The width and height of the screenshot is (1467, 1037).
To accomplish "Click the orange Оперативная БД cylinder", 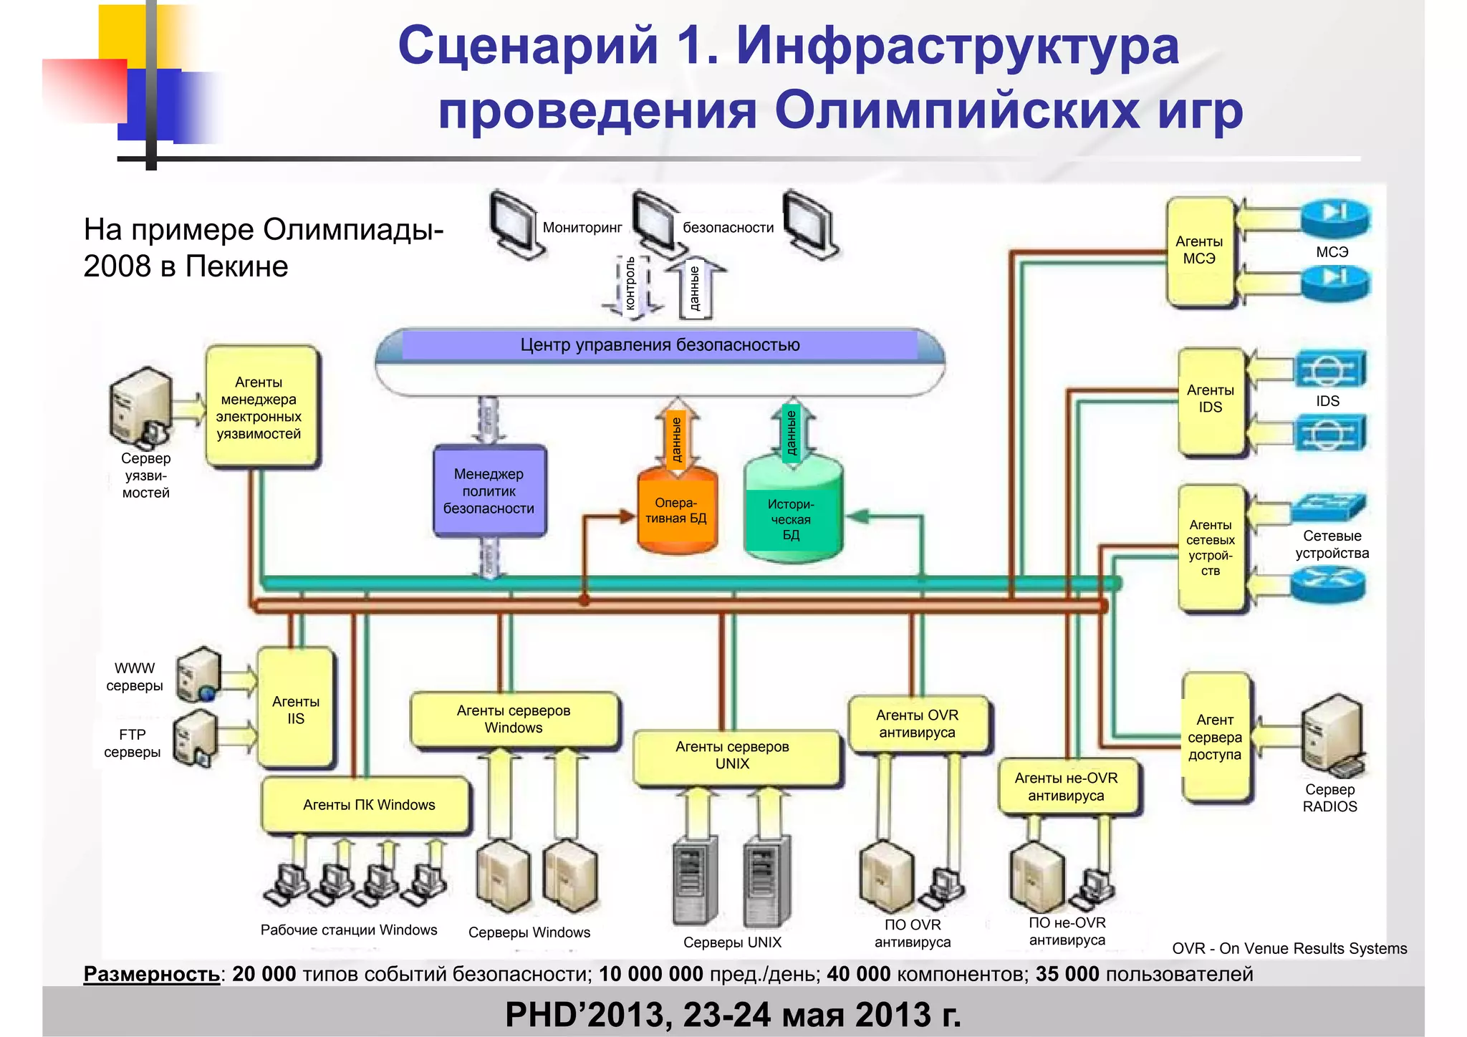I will pos(676,511).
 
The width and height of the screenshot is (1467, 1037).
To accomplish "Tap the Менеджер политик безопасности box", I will pos(489,491).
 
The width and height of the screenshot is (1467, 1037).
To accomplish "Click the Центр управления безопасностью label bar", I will pos(660,345).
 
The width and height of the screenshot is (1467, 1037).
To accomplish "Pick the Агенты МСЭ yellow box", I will pos(1200,251).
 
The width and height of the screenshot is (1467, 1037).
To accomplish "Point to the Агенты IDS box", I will pos(1211,400).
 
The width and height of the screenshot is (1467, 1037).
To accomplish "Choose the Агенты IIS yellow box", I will pos(296,709).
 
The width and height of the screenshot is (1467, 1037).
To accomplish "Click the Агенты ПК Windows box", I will pos(368,805).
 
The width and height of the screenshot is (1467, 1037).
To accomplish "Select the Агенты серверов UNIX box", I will pos(733,756).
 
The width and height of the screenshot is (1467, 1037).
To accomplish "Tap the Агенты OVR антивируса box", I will pos(918,724).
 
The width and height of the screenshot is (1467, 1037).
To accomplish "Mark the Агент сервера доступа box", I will pos(1215,738).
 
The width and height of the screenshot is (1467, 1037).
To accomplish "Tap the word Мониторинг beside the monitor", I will pos(582,228).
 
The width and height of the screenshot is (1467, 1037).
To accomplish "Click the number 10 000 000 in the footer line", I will pos(650,974).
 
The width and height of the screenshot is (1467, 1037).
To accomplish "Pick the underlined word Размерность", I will pos(151,974).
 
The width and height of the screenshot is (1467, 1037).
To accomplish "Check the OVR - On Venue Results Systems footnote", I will pos(1289,948).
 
